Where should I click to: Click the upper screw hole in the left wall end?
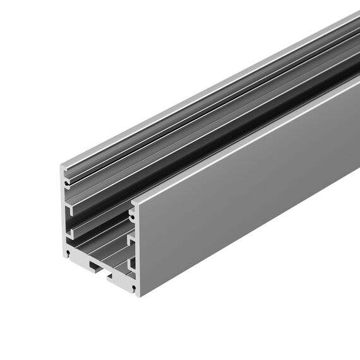click(x=66, y=182)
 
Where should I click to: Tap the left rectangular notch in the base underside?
click(x=92, y=265)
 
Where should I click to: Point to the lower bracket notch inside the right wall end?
click(x=131, y=262)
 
